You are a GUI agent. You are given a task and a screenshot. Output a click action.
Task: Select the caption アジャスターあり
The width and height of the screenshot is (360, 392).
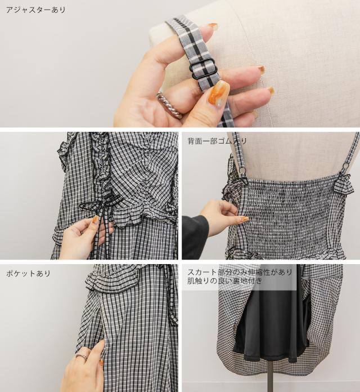tap(35, 10)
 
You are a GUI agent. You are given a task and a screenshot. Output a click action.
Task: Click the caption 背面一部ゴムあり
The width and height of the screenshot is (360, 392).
tap(217, 141)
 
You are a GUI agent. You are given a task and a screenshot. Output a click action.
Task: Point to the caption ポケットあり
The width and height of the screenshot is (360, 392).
tap(28, 273)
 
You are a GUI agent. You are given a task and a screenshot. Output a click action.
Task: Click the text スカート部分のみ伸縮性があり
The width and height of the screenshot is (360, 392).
tap(240, 272)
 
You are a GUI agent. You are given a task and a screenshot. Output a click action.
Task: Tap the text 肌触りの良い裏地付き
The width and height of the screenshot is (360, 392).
tap(224, 281)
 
